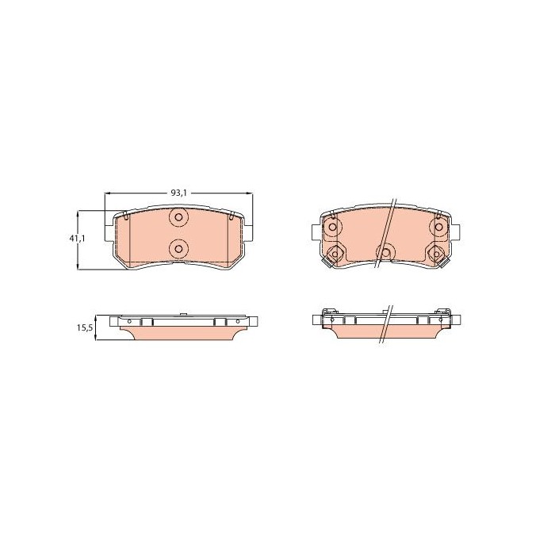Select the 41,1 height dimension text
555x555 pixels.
point(77,238)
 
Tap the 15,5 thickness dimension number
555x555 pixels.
point(85,327)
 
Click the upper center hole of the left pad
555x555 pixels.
point(178,217)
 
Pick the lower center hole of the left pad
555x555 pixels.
point(178,249)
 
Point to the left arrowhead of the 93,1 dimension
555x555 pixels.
point(108,193)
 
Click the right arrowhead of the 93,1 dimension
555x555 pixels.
point(250,193)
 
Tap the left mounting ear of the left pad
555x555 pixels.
point(109,233)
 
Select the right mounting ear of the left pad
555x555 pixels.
point(248,233)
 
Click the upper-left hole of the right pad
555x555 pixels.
point(332,227)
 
